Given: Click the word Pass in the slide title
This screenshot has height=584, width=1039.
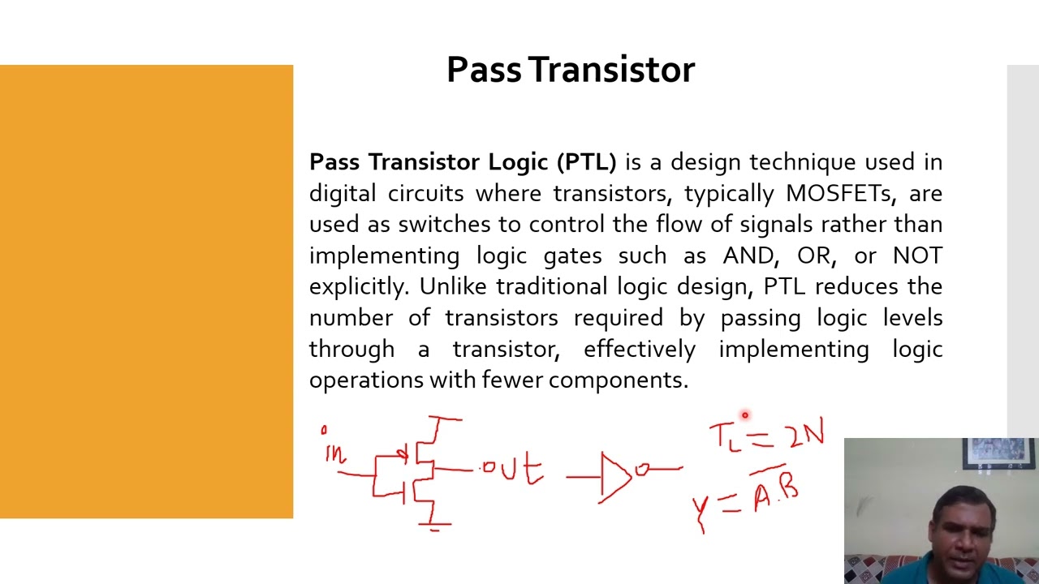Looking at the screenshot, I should point(484,71).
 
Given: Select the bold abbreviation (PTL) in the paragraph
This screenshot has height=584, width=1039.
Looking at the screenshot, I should point(586,162).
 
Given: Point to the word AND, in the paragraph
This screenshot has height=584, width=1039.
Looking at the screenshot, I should point(749,256).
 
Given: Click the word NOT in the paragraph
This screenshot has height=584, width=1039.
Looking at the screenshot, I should point(917,256).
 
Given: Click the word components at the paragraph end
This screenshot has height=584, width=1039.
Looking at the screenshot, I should point(619,380).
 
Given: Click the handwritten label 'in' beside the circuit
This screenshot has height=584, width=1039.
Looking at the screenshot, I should point(334,451).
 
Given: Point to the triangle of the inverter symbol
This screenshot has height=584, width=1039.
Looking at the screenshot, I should point(614,477).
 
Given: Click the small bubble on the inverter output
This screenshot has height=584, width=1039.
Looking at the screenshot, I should point(642,469).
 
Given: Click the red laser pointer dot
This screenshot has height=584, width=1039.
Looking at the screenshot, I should point(744,415).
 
